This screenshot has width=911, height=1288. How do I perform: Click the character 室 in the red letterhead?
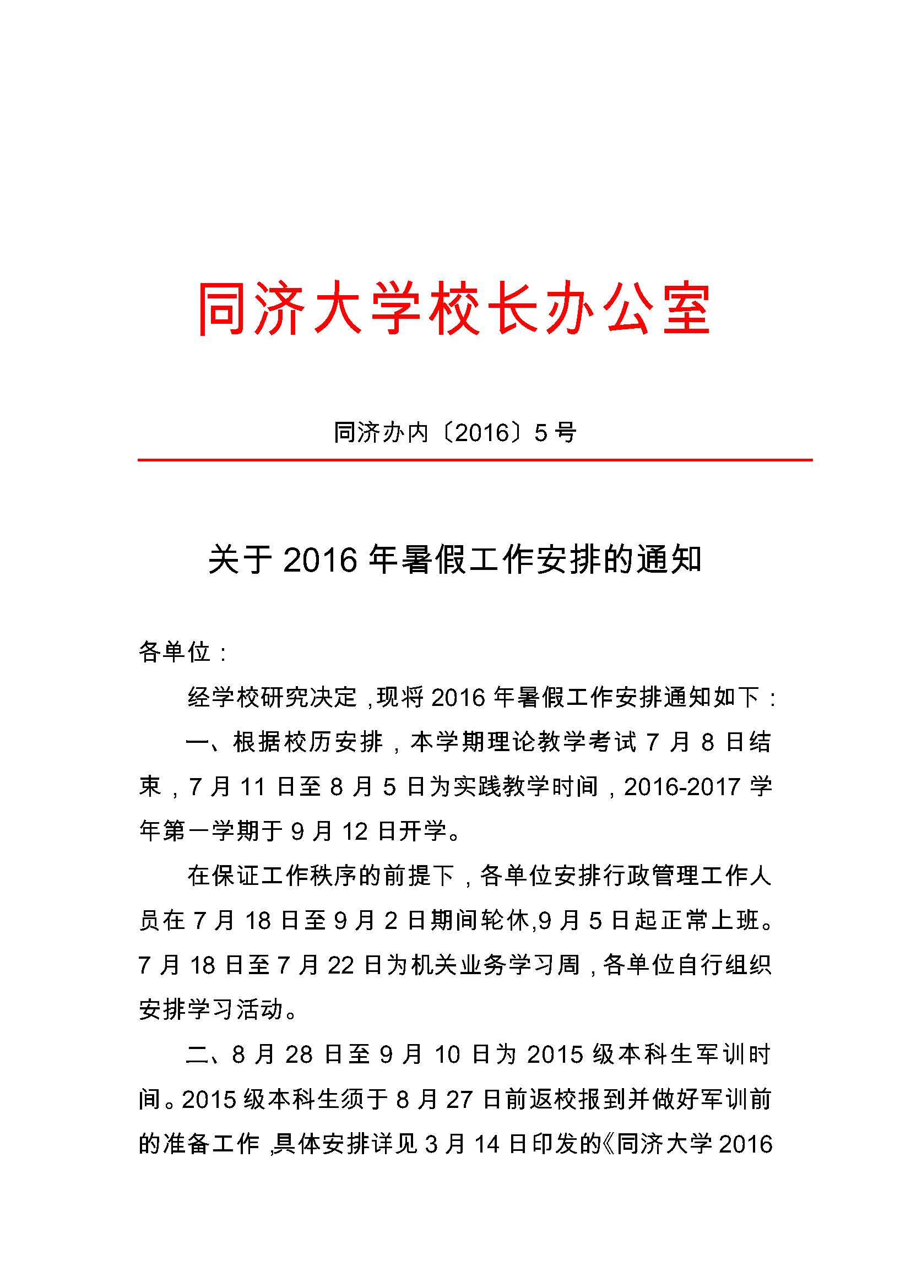[686, 309]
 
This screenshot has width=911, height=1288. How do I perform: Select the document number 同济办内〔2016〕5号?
[455, 432]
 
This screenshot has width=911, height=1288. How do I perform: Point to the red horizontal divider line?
[475, 460]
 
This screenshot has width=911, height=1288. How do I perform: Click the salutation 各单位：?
[183, 652]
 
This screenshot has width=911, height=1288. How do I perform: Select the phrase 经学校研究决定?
[272, 697]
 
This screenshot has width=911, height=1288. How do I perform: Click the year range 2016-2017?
[682, 787]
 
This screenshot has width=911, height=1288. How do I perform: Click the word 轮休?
[505, 921]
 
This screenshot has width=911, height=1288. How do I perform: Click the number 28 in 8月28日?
[299, 1055]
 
